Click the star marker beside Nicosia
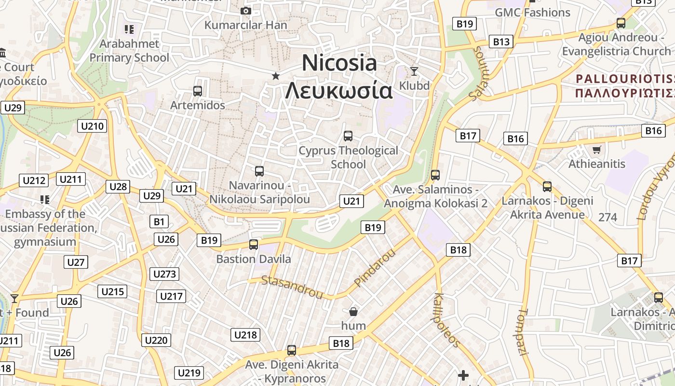[275, 76]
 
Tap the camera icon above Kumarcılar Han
[246, 11]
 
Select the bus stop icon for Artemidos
[197, 91]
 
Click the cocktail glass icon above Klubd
[414, 71]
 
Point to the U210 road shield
[92, 126]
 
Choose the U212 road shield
[34, 181]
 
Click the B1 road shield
[159, 222]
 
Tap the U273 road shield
[164, 274]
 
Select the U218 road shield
[245, 335]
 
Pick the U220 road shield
[156, 340]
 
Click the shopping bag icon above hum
[353, 312]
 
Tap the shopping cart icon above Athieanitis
[596, 150]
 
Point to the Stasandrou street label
[292, 287]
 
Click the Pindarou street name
[374, 268]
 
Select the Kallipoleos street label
[446, 320]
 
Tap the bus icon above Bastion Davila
[254, 245]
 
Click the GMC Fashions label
[532, 13]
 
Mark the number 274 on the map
[607, 217]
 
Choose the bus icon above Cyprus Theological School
[348, 136]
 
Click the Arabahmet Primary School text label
[129, 51]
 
